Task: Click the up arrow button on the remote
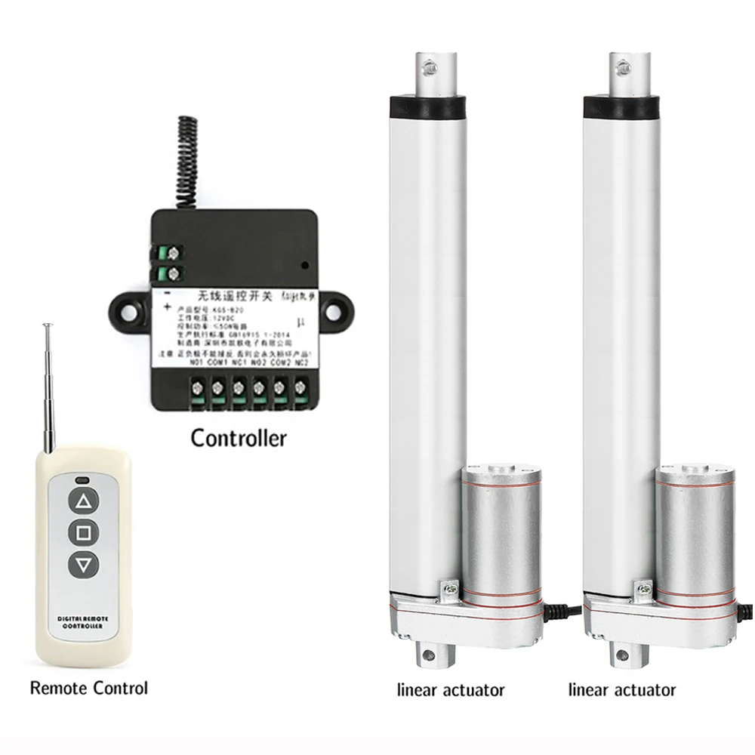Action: (x=84, y=501)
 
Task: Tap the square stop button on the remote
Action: (x=84, y=532)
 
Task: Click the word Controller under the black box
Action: (x=239, y=438)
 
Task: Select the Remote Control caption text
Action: (x=88, y=688)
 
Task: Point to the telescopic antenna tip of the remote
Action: (x=47, y=326)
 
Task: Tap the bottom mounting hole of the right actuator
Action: (x=621, y=654)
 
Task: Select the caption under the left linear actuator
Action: (x=451, y=689)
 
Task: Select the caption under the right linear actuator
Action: (x=622, y=689)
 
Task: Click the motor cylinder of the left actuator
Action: (x=501, y=528)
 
